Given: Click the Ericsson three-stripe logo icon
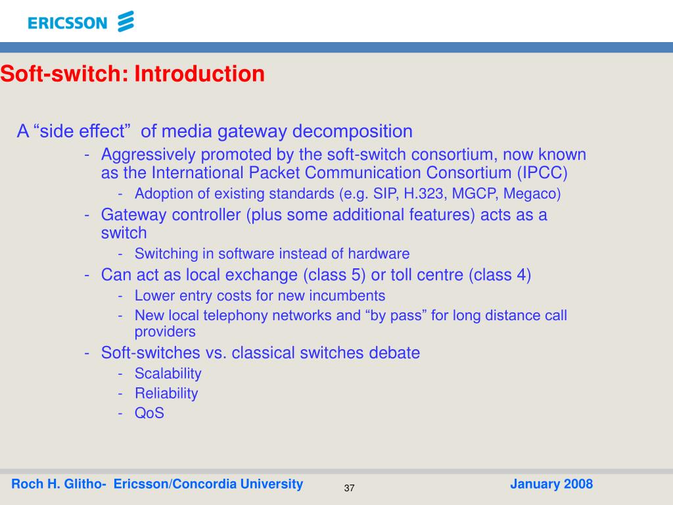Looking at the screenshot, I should coord(125,22).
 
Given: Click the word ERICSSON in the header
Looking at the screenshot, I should coord(67,24).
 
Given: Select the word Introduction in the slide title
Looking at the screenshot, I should coord(200,74).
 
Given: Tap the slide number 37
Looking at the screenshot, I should coord(349,488).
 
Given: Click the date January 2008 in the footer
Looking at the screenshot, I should coord(551,485).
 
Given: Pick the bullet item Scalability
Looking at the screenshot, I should coord(168,373).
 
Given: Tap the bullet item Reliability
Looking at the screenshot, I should coord(166,393).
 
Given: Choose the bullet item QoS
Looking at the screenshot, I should coord(149,413).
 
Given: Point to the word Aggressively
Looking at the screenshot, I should coord(149,155).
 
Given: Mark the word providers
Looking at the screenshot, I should coord(165,332).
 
